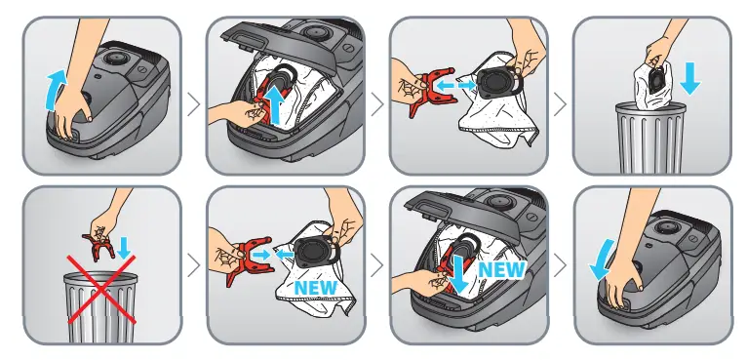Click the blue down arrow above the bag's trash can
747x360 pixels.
[x=690, y=82]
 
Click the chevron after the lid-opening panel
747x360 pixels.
[x=193, y=102]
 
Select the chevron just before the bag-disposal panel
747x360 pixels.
[x=560, y=102]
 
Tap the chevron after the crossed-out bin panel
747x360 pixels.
[x=193, y=263]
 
